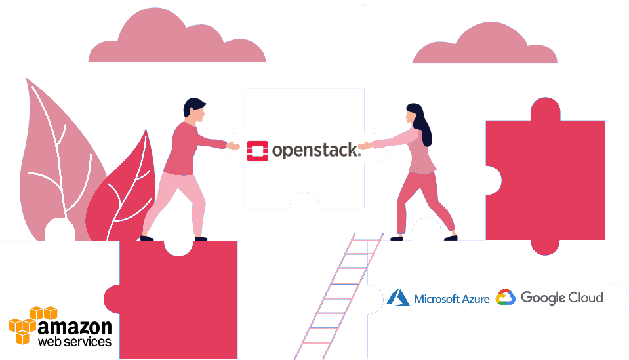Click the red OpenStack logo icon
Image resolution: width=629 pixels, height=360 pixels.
coord(258,151)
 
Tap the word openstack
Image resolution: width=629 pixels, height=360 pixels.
coord(316,150)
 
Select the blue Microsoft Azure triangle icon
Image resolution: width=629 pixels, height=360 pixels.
coord(398,297)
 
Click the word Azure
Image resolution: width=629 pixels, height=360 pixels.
coord(476,299)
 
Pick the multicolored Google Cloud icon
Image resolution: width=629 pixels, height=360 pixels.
coord(506,297)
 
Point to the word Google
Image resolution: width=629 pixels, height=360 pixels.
coord(543,298)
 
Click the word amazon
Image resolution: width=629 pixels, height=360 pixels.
coord(75,327)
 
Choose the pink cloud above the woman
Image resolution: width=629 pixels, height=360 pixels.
coord(485,43)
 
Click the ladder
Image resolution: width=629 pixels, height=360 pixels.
coord(339,296)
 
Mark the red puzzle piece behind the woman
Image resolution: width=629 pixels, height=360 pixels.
coord(546,176)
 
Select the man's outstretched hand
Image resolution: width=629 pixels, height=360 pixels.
coord(233,146)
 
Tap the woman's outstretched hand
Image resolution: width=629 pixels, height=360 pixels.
coord(366,145)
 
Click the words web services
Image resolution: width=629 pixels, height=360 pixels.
coord(75,342)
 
